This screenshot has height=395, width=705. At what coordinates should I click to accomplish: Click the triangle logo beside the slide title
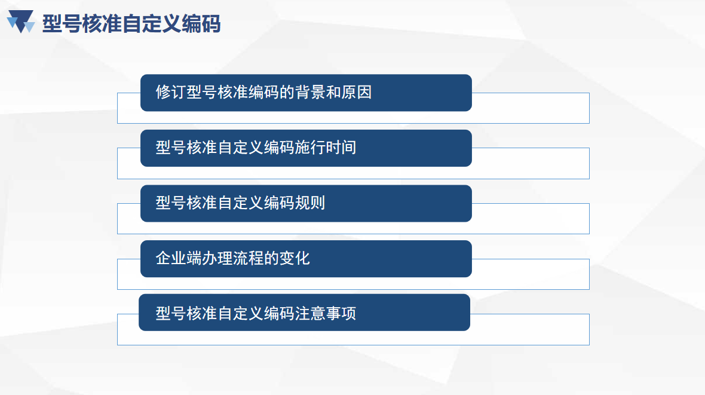click(x=21, y=21)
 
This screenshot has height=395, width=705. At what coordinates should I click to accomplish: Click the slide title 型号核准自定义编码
click(x=131, y=24)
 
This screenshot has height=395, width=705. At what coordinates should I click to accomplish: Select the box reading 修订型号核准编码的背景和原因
click(x=306, y=93)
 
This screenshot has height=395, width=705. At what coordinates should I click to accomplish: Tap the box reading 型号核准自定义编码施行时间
click(x=306, y=148)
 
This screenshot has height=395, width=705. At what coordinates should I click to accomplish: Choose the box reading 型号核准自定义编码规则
click(x=306, y=203)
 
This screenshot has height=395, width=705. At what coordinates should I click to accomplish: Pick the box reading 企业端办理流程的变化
click(x=306, y=259)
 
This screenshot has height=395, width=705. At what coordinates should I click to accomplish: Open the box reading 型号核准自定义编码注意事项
click(x=304, y=313)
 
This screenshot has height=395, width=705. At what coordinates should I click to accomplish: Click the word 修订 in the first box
click(x=171, y=92)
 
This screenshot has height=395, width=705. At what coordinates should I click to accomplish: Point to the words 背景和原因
click(x=333, y=92)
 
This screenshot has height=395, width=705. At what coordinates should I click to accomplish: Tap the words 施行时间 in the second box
click(x=326, y=148)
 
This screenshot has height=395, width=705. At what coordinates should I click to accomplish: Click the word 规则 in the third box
click(x=310, y=203)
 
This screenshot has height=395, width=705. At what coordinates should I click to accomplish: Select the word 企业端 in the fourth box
click(x=179, y=258)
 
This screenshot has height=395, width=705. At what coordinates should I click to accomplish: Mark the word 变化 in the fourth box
click(x=295, y=258)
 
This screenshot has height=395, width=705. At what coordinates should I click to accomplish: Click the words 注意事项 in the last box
click(x=326, y=313)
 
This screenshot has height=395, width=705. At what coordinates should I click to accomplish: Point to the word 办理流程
click(x=233, y=258)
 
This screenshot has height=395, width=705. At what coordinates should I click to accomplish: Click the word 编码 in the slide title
click(x=201, y=24)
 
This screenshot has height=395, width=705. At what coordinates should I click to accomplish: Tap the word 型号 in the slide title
click(x=62, y=24)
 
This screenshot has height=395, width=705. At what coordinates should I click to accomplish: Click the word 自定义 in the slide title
click(x=152, y=24)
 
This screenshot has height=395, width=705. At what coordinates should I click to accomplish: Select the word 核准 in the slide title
click(x=102, y=24)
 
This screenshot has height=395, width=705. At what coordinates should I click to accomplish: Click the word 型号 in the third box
click(x=171, y=203)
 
